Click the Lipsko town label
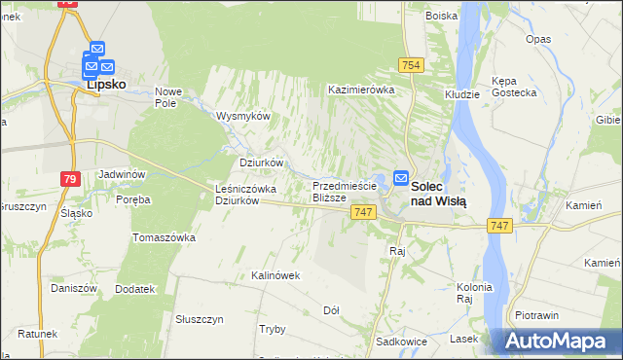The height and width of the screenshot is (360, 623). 106,85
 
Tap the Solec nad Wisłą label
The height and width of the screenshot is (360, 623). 438,193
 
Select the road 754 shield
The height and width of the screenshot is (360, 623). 410,64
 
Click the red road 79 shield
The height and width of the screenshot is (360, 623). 69,179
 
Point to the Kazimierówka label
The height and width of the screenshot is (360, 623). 360,89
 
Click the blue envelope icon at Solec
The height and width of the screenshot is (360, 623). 401,177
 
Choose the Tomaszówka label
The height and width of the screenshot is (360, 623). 165,237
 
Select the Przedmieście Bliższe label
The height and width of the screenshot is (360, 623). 343,191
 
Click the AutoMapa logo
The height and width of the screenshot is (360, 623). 558,342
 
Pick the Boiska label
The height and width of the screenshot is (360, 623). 441,16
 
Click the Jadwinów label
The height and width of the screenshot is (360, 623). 122,174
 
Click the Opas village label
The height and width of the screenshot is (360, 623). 537,39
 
